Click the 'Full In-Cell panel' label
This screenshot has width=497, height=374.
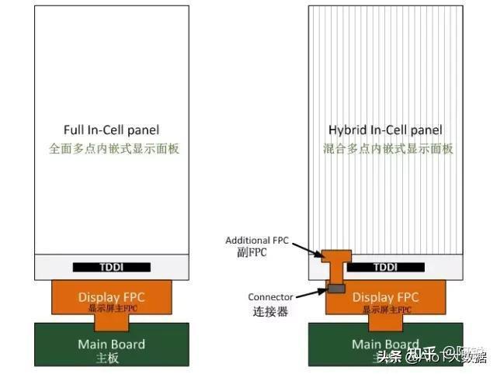coord(111,130)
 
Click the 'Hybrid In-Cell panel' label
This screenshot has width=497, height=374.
coord(385,130)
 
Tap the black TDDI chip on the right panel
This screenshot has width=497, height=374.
coord(385,267)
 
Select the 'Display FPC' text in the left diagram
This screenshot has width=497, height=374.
coord(111,296)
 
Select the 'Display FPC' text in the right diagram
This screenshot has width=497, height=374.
coord(386,296)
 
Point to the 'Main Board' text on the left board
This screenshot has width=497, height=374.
coord(111,344)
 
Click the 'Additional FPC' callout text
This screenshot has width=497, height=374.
coord(257,241)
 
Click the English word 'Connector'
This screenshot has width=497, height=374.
coord(270,297)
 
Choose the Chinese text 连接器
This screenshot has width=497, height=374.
coord(271,311)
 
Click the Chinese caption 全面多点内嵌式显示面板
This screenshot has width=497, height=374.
coord(114,147)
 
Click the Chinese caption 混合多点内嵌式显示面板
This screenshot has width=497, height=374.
coord(388,147)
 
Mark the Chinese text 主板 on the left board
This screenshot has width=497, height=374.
coord(111,358)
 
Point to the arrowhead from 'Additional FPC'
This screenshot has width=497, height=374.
coord(322,254)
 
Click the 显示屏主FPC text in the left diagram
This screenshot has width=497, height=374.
coord(111,308)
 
